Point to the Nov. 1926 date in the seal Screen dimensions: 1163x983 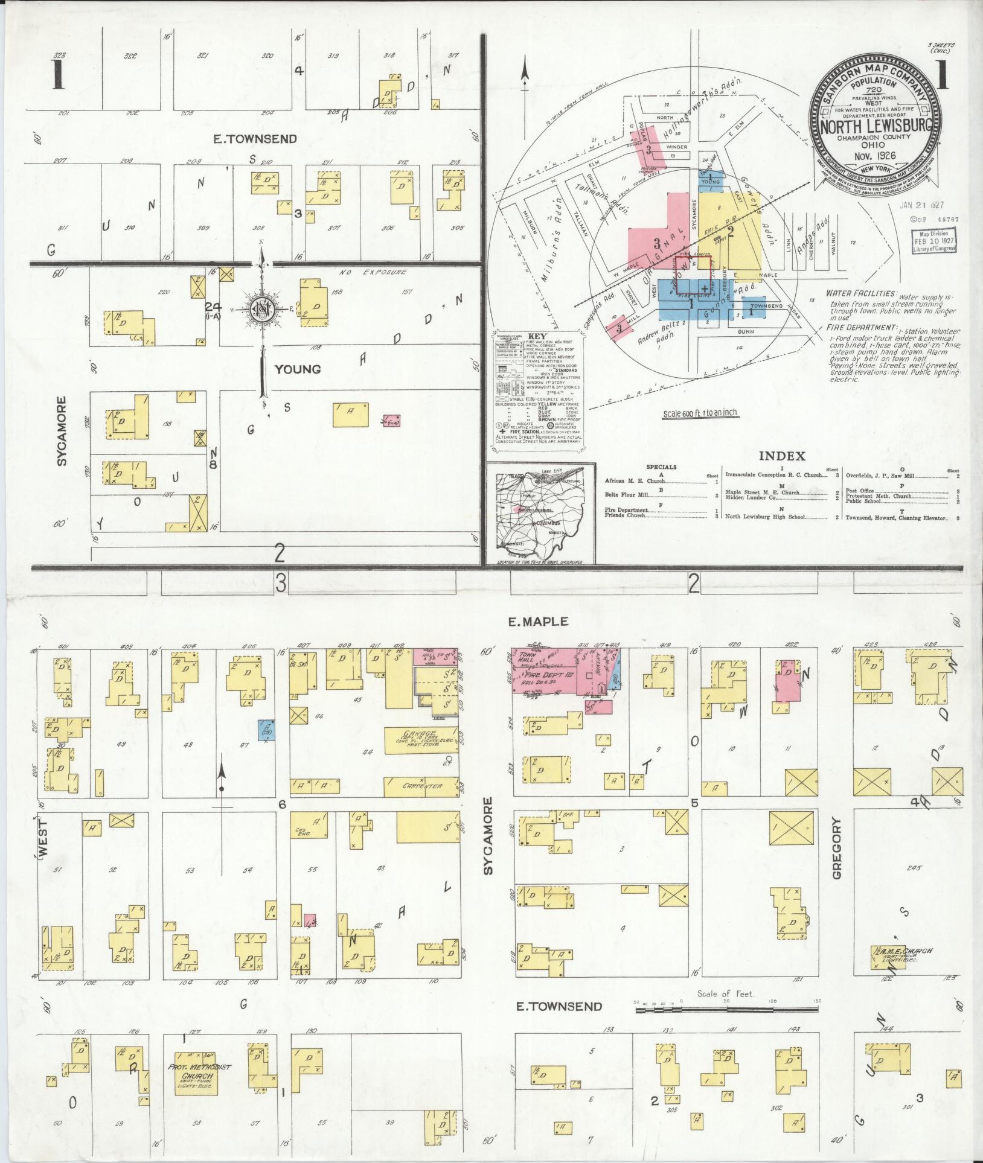coord(879,155)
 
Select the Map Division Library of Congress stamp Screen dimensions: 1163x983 coord(933,241)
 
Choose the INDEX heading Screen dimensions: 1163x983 coord(782,456)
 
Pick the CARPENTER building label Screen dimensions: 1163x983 coord(421,786)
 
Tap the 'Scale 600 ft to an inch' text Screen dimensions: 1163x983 coord(700,413)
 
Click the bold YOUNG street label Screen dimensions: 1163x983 coord(298,369)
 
